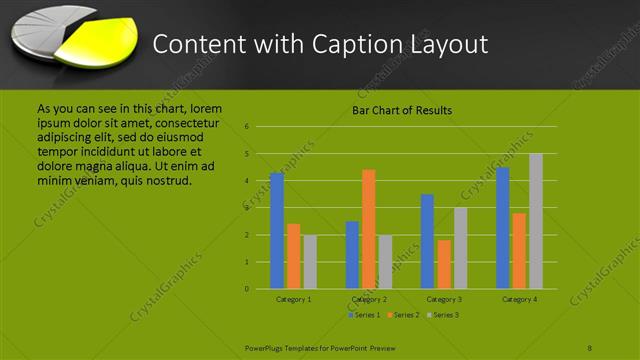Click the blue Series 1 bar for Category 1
pos(277,231)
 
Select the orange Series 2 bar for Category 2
pos(369,229)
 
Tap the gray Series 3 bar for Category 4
pos(536,221)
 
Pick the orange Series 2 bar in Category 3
pos(444,264)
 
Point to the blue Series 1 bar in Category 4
pos(503,228)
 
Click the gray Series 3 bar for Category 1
pos(310,262)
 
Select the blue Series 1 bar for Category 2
pos(352,255)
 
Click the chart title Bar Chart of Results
pos(401,110)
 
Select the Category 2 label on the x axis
pos(369,299)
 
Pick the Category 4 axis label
pos(519,299)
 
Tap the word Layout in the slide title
pos(444,44)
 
